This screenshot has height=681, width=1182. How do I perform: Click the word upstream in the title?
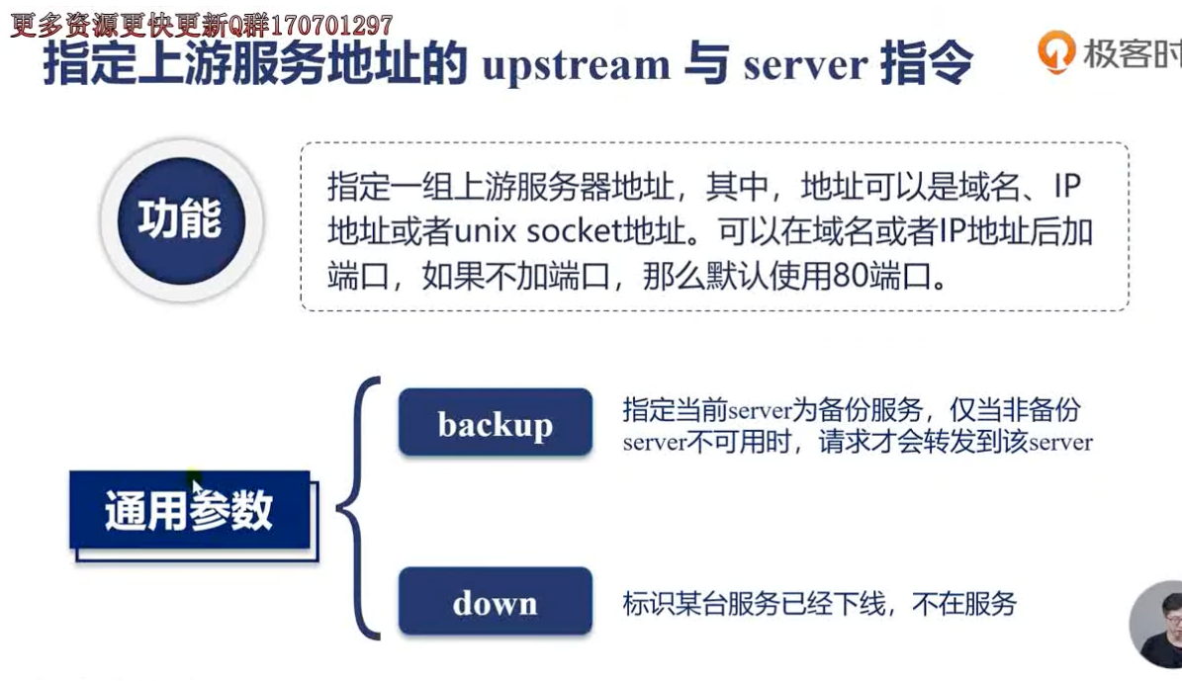[x=576, y=65]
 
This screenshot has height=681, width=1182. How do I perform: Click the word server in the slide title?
[x=805, y=65]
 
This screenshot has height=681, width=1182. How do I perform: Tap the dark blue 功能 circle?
[x=181, y=220]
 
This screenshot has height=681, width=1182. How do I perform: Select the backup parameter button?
[x=496, y=422]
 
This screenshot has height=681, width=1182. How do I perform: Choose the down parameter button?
[x=496, y=601]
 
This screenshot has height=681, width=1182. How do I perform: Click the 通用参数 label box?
[x=190, y=510]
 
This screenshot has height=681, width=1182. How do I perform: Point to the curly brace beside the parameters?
[x=358, y=508]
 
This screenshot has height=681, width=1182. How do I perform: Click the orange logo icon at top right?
[x=1055, y=51]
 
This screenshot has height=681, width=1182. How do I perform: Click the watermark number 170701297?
[x=330, y=26]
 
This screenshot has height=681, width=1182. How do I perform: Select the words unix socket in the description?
[x=531, y=232]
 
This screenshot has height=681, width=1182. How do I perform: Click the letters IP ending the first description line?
[x=1067, y=186]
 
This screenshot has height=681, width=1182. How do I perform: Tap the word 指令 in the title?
[x=927, y=63]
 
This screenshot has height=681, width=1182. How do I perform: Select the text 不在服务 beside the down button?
[x=964, y=603]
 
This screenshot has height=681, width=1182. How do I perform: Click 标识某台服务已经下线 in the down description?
[x=754, y=603]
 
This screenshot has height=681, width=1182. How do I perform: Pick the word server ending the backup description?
[x=1060, y=442]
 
